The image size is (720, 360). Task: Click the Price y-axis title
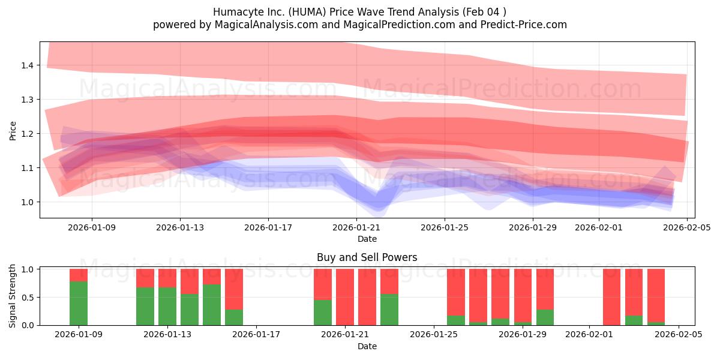coord(13,130)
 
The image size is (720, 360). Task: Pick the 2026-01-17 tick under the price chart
coord(268,228)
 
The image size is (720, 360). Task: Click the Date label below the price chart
coord(367,239)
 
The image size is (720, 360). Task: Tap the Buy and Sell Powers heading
coord(367,257)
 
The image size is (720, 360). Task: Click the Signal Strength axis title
coord(13,296)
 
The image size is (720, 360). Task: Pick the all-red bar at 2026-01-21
coord(345,297)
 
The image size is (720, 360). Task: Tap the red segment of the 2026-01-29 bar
coord(545,289)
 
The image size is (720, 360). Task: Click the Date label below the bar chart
coord(367,346)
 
